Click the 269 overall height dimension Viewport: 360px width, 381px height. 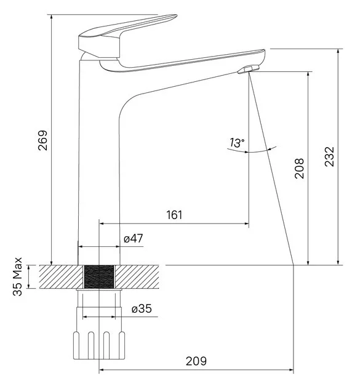coord(42,140)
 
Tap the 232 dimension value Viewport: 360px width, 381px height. coord(330,156)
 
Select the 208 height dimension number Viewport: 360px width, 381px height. coord(299,169)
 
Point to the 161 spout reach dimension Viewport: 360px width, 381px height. coord(174,215)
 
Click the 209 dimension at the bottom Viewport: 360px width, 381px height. coord(196,361)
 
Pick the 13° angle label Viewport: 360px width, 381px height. coord(237,143)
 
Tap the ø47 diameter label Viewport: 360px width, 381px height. coord(134,238)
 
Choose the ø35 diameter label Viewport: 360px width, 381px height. coord(142,309)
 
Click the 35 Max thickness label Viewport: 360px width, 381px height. coord(17,276)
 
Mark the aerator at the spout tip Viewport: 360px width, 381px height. coord(249,69)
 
